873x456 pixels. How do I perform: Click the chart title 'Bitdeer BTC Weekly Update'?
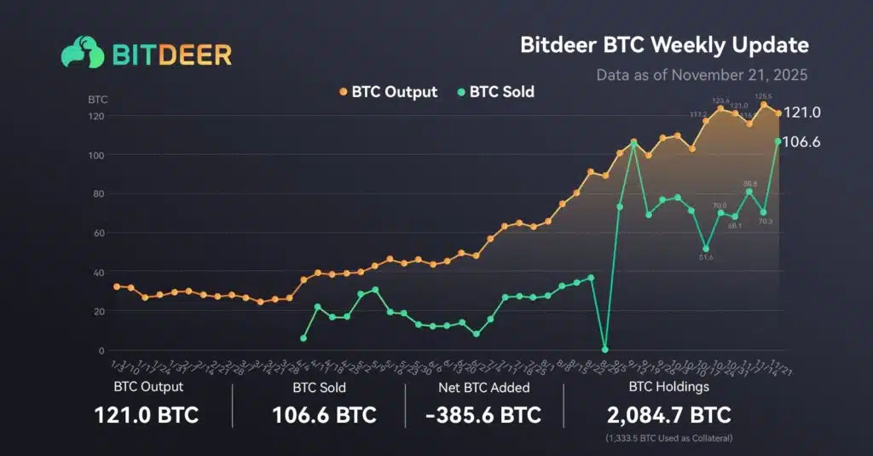(x=664, y=44)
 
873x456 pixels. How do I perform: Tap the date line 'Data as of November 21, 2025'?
(x=701, y=74)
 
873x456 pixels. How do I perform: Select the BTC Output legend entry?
(x=387, y=91)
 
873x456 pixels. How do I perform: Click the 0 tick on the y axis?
(x=101, y=350)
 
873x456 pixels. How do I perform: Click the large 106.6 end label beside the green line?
(x=801, y=141)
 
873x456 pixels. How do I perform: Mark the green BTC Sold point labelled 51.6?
(x=705, y=249)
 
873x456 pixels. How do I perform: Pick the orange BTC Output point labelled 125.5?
(x=764, y=105)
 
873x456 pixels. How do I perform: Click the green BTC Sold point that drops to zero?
(x=604, y=349)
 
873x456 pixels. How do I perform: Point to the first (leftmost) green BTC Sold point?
(x=303, y=338)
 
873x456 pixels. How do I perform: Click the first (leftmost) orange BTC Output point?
(x=117, y=286)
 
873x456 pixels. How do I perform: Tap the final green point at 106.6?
(x=778, y=141)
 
